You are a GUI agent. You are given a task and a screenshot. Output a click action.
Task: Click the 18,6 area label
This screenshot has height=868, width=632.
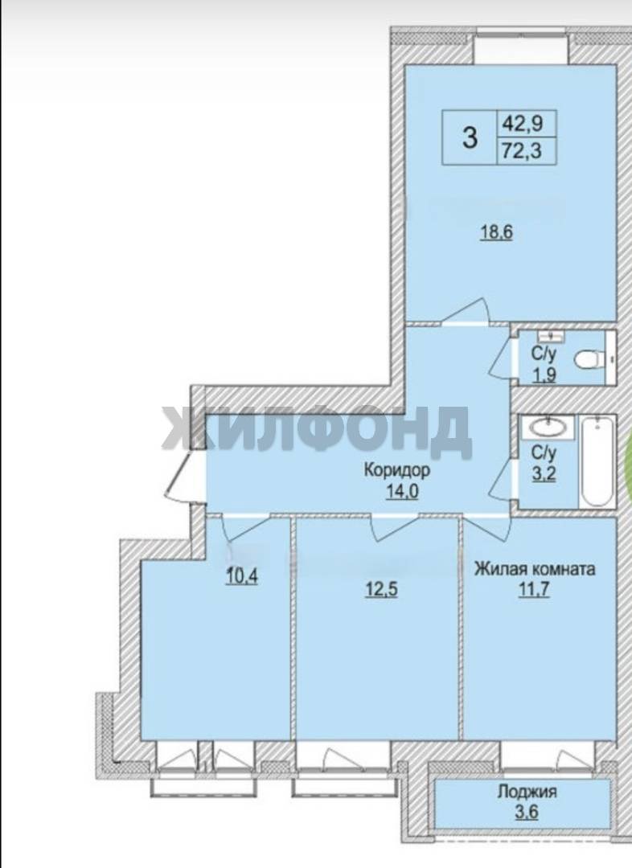coord(496,232)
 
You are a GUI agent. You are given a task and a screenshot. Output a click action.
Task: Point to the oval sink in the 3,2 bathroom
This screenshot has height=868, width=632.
coord(548,428)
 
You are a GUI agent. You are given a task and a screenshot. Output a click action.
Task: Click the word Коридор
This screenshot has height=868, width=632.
coord(396,470)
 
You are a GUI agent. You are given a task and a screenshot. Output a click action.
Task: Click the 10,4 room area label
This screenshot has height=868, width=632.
coord(242,577)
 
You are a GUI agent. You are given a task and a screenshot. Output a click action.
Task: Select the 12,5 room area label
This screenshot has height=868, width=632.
coord(382,589)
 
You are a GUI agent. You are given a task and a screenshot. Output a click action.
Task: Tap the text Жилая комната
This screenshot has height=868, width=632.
coord(534,568)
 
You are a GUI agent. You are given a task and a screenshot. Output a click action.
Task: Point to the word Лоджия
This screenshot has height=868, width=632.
coord(527,792)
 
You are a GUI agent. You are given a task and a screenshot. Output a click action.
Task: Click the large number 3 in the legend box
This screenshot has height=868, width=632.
coord(470,137)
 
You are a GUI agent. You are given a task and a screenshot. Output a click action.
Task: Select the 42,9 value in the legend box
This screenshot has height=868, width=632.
coord(522,122)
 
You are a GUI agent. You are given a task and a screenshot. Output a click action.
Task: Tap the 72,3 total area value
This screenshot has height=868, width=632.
coord(522,150)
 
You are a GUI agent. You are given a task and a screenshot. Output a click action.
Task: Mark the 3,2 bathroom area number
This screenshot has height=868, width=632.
coord(544,473)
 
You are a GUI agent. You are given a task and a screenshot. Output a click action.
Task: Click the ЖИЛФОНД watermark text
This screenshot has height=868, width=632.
coord(317,432)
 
